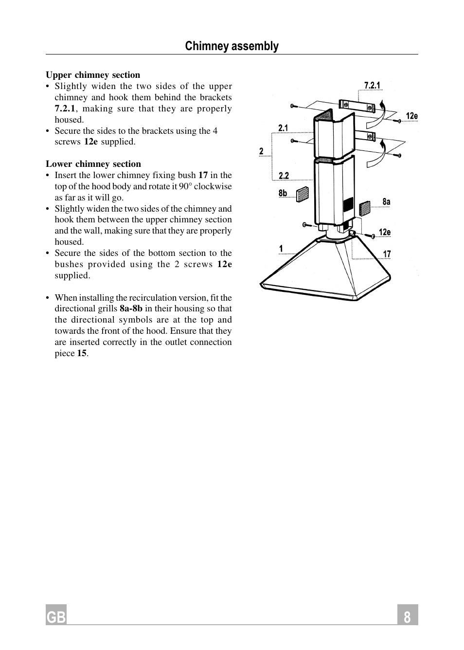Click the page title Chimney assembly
pyautogui.click(x=232, y=46)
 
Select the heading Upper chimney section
pyautogui.click(x=93, y=75)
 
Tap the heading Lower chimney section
pyautogui.click(x=93, y=164)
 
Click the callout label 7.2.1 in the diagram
pyautogui.click(x=372, y=86)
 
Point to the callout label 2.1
pyautogui.click(x=283, y=128)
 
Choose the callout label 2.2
pyautogui.click(x=284, y=176)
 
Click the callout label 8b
pyautogui.click(x=283, y=193)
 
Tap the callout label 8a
pyautogui.click(x=386, y=201)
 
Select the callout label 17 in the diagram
pyautogui.click(x=387, y=254)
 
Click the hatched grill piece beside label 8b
pyautogui.click(x=302, y=194)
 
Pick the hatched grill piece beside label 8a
pyautogui.click(x=364, y=208)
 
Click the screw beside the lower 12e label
pyautogui.click(x=373, y=236)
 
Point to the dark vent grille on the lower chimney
pyautogui.click(x=348, y=205)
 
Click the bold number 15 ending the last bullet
pyautogui.click(x=82, y=353)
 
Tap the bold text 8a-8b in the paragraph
pyautogui.click(x=131, y=308)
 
